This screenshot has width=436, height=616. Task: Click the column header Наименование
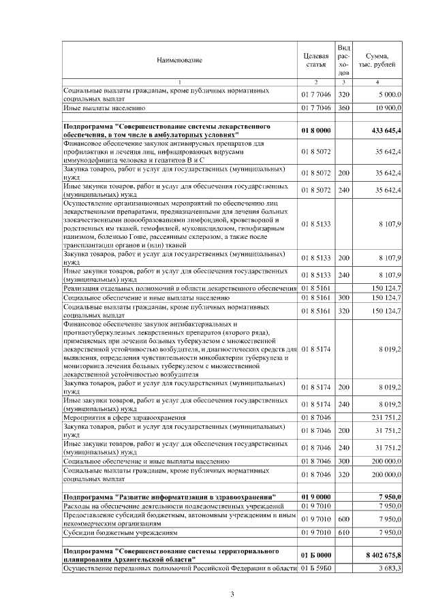tap(179, 61)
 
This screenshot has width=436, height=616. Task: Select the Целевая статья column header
tap(315, 61)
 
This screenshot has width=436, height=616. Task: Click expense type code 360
tap(344, 108)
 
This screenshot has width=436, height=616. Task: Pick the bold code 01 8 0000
tap(315, 130)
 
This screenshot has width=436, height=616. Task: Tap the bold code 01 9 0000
tap(315, 496)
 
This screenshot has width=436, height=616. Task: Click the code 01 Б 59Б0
tap(315, 568)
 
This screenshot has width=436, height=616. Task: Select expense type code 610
tap(344, 533)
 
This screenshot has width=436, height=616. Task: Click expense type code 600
tap(344, 519)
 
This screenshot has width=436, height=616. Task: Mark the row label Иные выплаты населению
tap(104, 108)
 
